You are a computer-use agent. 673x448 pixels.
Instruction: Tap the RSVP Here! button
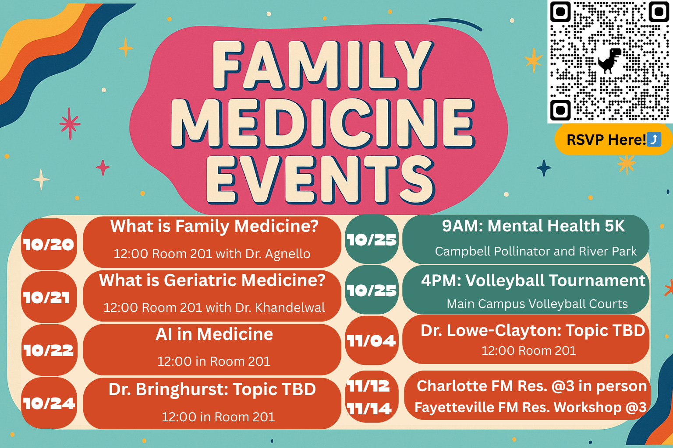click(x=613, y=140)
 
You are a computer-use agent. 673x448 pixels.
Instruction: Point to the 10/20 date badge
click(x=49, y=244)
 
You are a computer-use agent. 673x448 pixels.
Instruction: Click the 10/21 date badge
click(x=49, y=297)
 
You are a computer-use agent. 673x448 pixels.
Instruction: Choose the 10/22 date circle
click(x=49, y=350)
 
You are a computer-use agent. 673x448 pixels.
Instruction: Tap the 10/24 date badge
click(x=49, y=403)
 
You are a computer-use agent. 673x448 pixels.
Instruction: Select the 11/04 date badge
click(x=372, y=340)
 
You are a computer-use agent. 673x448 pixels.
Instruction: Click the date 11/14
click(x=369, y=408)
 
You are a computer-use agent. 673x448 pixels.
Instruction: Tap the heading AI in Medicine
click(x=214, y=334)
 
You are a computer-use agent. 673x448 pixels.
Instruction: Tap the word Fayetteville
click(x=454, y=407)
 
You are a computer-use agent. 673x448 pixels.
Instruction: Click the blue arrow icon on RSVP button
click(x=654, y=140)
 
